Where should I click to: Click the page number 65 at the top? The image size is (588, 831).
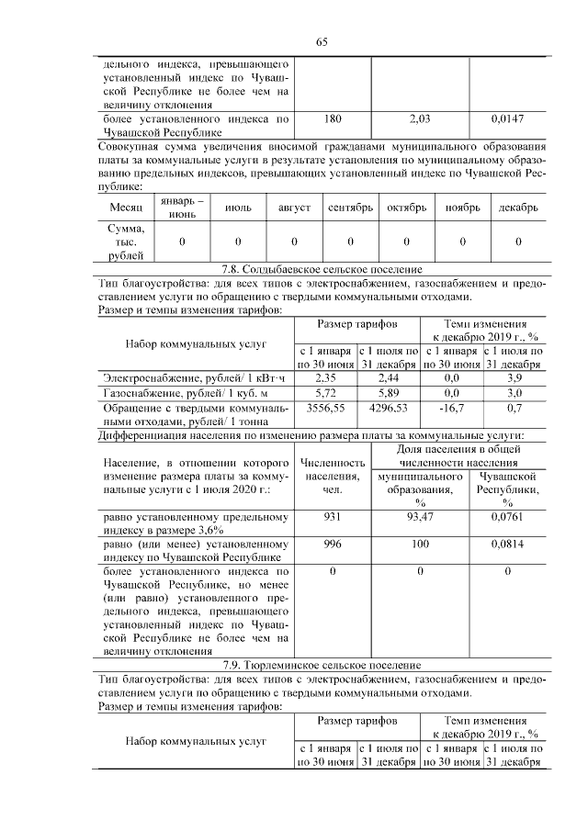(322, 42)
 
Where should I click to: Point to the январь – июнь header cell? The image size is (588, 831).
(181, 208)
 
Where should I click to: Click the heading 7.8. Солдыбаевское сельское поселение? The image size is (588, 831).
(322, 269)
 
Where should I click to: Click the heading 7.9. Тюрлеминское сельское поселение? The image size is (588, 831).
(322, 664)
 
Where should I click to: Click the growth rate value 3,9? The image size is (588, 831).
(514, 377)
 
